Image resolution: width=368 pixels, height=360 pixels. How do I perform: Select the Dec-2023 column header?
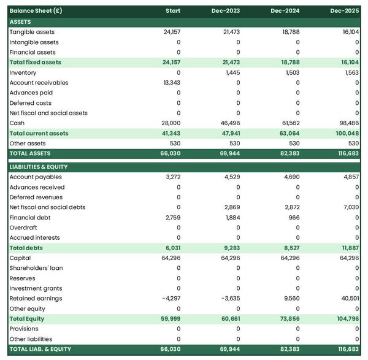227,11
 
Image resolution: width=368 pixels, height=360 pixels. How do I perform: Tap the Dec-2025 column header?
345,11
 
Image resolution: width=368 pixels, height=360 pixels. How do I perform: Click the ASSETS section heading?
21,22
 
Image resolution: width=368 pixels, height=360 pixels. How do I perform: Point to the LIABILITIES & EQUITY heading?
39,167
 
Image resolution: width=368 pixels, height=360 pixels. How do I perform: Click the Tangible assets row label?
32,32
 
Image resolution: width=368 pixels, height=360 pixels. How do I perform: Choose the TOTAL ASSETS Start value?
170,153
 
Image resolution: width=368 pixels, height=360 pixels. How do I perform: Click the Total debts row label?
26,248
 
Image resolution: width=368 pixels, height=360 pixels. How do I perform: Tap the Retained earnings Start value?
171,299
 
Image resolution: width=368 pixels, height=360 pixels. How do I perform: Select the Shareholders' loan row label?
36,268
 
